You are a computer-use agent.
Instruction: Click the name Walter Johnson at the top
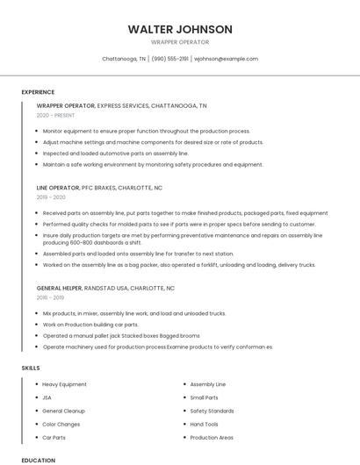point(180,29)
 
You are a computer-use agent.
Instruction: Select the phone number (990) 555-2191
point(170,59)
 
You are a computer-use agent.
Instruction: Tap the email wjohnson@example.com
point(226,59)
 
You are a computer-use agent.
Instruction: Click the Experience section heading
point(38,92)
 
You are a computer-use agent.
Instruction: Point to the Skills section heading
point(31,367)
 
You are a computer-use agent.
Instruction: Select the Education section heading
point(38,460)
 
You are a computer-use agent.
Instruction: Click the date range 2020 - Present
point(55,115)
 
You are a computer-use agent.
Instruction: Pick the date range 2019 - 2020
point(50,197)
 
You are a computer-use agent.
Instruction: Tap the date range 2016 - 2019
point(50,297)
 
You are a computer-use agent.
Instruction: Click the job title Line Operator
point(57,188)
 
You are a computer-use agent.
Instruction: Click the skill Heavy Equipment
point(64,384)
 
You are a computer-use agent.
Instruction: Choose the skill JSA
point(47,397)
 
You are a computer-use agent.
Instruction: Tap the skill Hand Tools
point(204,424)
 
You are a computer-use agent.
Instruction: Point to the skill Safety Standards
point(212,411)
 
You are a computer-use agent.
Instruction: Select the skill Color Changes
point(61,424)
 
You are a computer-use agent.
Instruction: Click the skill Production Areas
point(212,437)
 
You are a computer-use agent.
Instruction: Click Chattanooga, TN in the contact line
point(124,59)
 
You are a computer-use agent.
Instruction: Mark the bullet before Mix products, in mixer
point(35,313)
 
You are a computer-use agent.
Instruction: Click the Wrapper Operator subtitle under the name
point(180,42)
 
